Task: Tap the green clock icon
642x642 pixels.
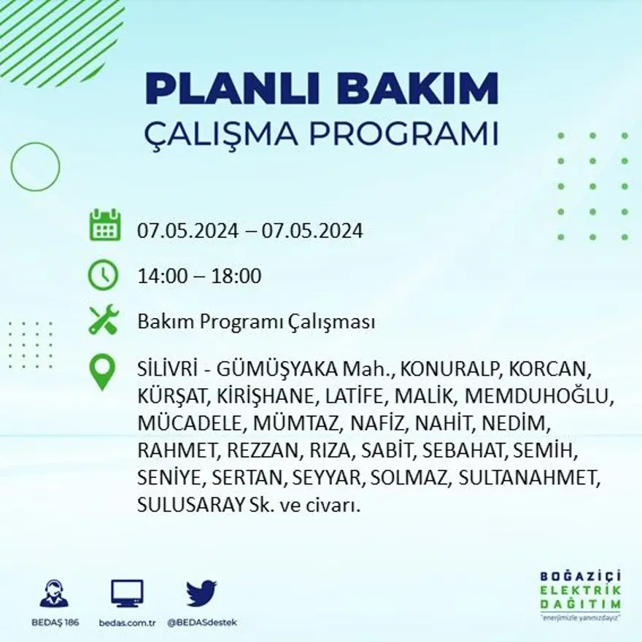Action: (103, 275)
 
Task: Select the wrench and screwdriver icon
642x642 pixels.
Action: (104, 321)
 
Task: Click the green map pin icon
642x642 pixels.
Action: (103, 371)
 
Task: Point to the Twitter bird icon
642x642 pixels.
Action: (201, 592)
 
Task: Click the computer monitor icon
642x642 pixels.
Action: (127, 593)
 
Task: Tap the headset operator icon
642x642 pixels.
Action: (54, 593)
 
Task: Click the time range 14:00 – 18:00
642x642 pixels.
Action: (199, 276)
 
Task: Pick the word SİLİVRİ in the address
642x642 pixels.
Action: (163, 368)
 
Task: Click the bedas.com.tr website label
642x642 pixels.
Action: (128, 622)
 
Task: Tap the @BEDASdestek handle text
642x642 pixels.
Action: (202, 622)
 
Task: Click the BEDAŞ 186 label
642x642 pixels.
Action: (55, 622)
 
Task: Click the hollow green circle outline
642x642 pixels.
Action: (35, 167)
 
